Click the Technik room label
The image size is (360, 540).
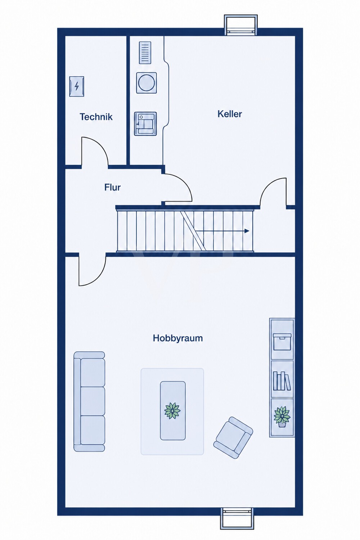point(96,117)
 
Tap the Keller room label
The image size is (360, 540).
point(230,114)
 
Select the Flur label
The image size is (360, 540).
point(112,187)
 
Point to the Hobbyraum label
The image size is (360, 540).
point(178,338)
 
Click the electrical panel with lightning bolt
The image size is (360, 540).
point(77,86)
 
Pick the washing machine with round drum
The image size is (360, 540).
point(147,83)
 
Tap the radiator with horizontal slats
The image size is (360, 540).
point(145,53)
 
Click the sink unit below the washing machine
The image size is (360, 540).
point(145,124)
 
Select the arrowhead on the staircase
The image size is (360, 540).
point(247,231)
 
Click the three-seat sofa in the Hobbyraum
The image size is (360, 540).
point(89,401)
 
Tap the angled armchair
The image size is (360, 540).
point(233,437)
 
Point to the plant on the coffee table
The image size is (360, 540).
point(172,411)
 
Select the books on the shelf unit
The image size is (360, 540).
point(282,381)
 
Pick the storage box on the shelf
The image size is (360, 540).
point(282,342)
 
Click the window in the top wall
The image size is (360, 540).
point(240,25)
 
